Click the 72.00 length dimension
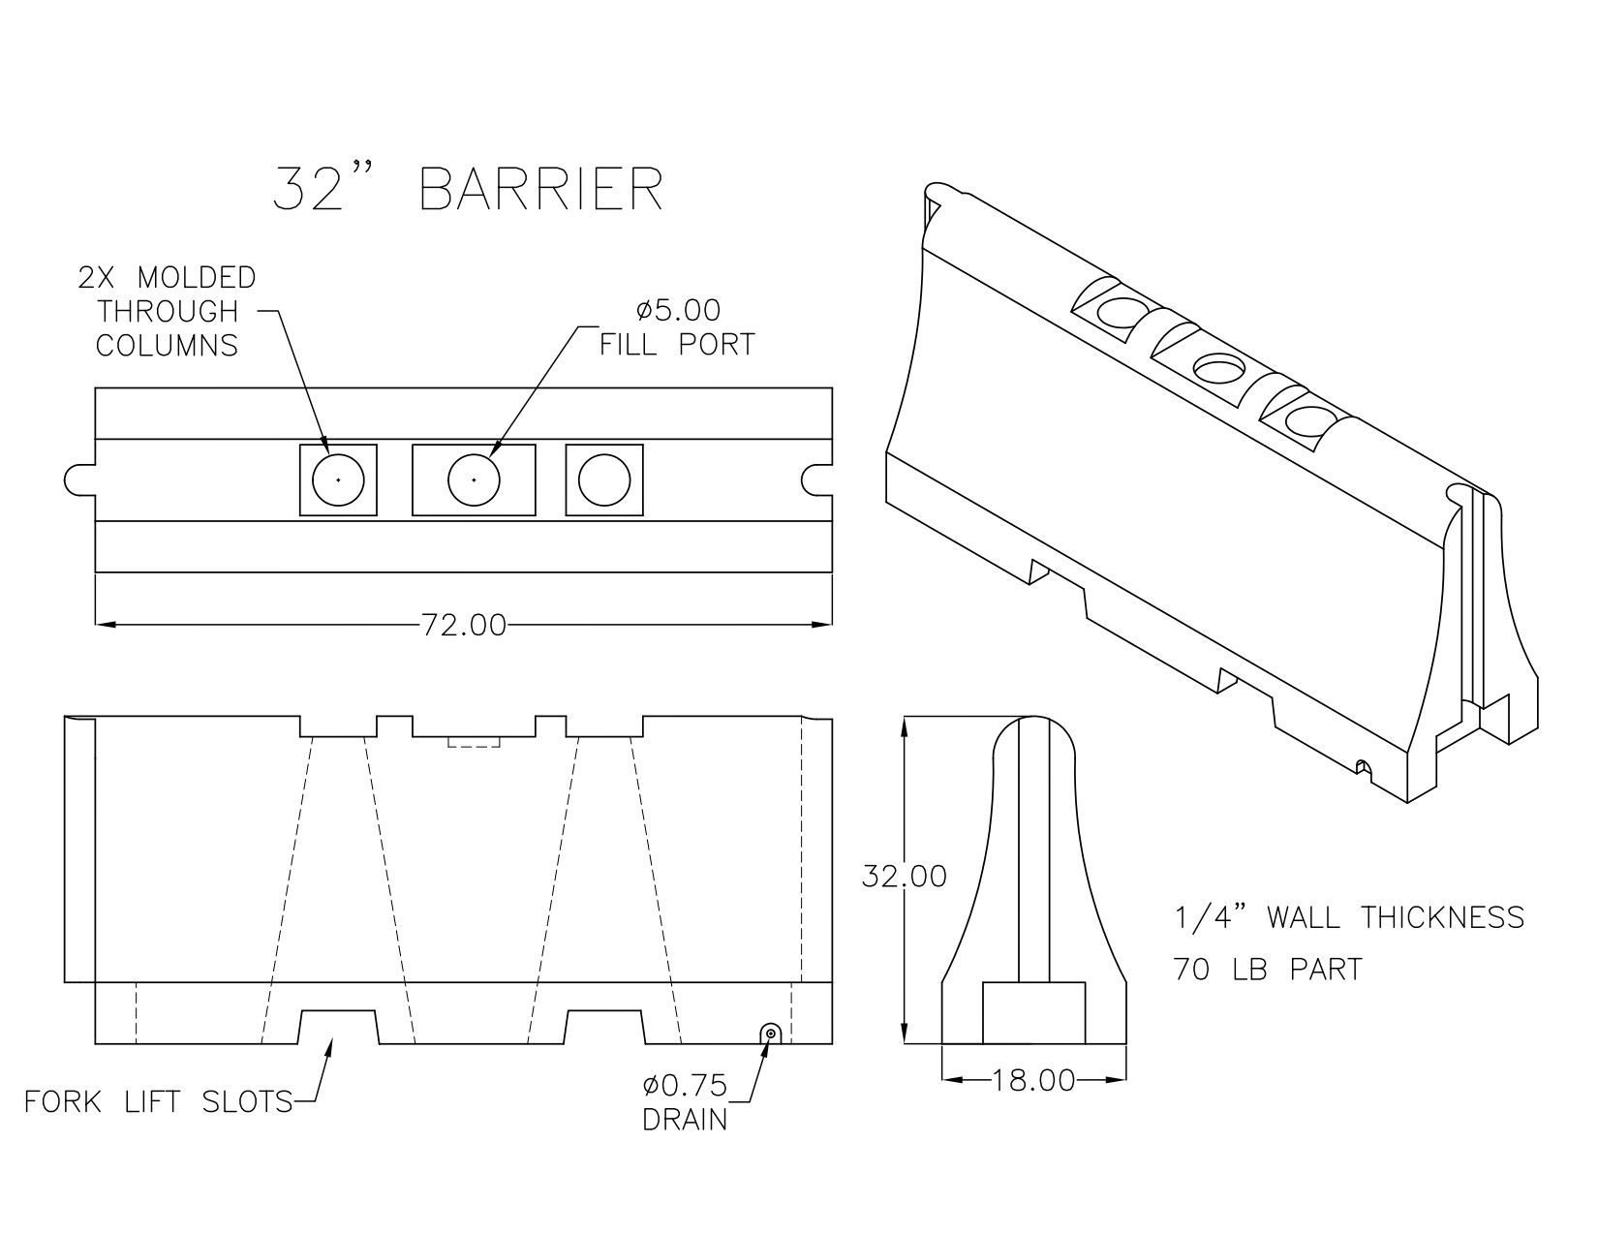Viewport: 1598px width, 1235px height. [464, 626]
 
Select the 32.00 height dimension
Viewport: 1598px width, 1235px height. [904, 876]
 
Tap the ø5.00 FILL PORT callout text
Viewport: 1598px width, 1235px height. [677, 327]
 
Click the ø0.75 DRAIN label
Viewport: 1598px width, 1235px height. [686, 1102]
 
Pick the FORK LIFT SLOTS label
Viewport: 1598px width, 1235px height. [159, 1101]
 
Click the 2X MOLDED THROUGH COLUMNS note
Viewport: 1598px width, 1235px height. [167, 311]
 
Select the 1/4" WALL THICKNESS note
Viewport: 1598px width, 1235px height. [1349, 917]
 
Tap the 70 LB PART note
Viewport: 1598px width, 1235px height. [1268, 969]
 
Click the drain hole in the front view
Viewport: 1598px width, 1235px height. [770, 1034]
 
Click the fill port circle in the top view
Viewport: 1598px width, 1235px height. [474, 479]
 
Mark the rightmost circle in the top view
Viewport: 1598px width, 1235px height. [604, 479]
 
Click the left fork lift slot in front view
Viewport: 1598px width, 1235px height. [338, 1027]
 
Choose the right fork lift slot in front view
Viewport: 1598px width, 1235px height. [604, 1027]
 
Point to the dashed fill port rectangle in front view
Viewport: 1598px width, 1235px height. [474, 742]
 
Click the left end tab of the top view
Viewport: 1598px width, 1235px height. [79, 479]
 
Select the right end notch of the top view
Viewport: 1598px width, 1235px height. [816, 479]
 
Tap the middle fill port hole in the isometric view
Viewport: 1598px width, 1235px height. [1218, 368]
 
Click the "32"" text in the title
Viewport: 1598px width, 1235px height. [310, 190]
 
